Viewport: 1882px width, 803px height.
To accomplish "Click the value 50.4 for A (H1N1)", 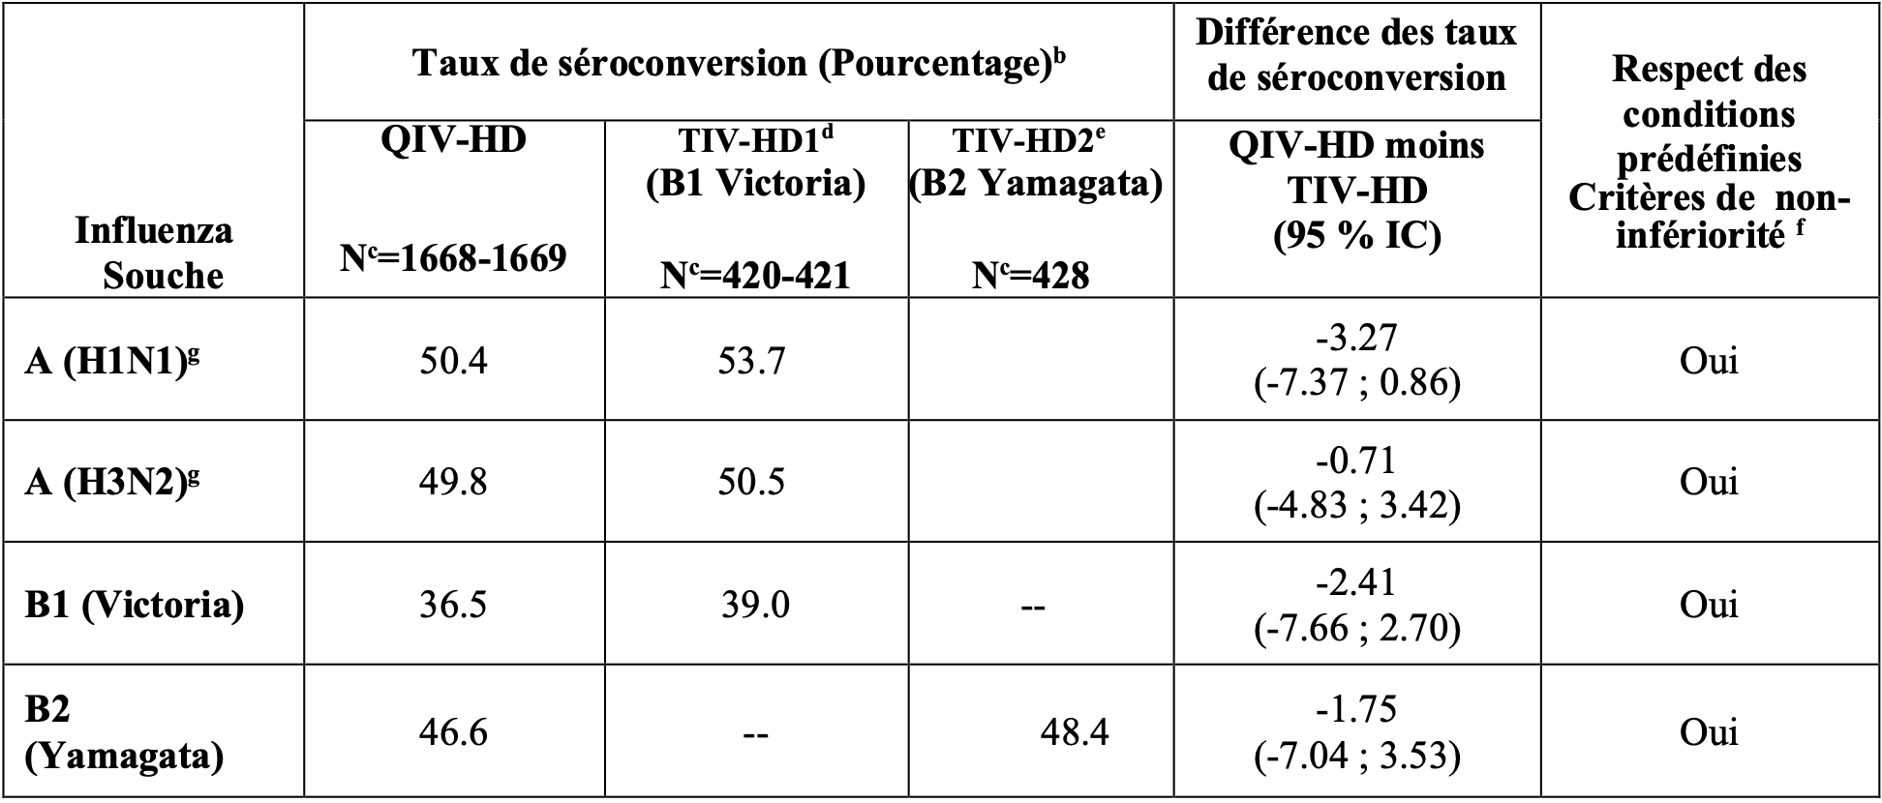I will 453,361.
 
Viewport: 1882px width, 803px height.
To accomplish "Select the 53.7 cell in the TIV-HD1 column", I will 752,361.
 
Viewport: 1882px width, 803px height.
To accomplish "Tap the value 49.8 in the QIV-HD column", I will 453,482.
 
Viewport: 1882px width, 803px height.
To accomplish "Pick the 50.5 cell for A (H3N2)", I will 752,482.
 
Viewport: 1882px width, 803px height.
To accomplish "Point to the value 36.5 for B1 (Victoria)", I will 453,605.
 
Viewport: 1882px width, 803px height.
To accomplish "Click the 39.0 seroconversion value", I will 755,605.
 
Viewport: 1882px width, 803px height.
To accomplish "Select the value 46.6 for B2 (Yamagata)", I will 453,732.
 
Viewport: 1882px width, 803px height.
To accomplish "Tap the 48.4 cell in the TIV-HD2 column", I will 1075,732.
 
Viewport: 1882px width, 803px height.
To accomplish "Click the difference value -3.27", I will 1356,338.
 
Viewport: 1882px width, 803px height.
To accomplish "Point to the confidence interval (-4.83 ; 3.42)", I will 1356,505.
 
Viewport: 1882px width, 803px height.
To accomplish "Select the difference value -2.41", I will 1356,581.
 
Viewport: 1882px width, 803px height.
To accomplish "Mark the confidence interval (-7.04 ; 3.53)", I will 1356,755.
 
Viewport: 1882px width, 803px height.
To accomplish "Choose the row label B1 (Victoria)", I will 135,605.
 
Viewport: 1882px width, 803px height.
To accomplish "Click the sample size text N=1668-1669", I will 453,258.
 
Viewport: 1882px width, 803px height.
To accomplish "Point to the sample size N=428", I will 1030,276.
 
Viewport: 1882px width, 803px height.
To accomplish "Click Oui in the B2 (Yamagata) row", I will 1709,732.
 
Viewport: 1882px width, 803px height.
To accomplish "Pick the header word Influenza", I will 153,231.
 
